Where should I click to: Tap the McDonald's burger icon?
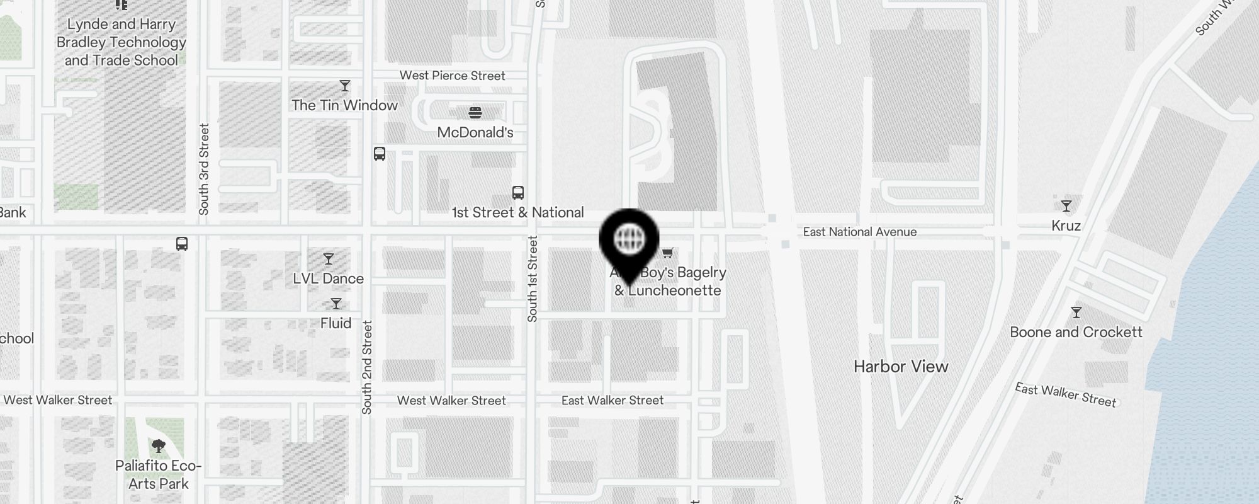tap(475, 113)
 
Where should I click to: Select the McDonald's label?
tap(475, 132)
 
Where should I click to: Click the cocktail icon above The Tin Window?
tap(345, 86)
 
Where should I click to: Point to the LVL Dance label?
tap(328, 278)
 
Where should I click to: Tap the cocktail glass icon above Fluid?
tap(336, 304)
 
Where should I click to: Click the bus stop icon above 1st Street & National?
tap(518, 193)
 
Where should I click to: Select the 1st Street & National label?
tap(517, 212)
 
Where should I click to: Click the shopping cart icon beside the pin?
tap(668, 253)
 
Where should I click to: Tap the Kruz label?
tap(1066, 226)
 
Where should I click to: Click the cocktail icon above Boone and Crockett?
tap(1076, 312)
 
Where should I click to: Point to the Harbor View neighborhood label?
tap(901, 367)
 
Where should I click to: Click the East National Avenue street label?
tap(859, 232)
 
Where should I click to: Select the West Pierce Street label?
tap(452, 76)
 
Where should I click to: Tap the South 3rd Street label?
tap(204, 169)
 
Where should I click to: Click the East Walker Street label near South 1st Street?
tap(612, 400)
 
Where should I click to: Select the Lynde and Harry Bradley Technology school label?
tap(121, 42)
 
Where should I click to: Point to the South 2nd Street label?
tap(368, 367)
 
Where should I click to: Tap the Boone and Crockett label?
tap(1076, 332)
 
